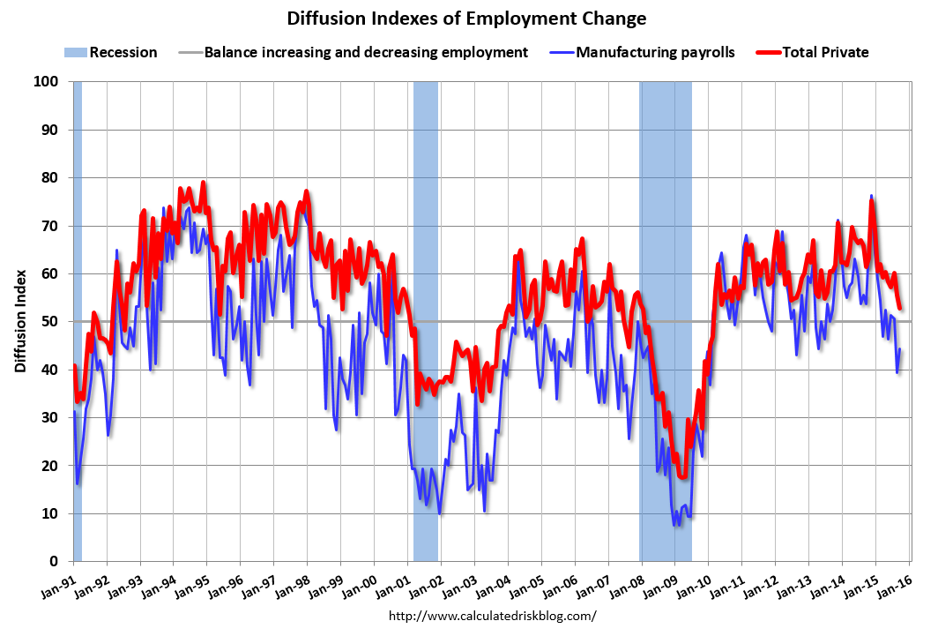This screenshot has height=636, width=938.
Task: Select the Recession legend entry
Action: [x=111, y=53]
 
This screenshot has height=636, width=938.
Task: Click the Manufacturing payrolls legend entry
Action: [x=655, y=53]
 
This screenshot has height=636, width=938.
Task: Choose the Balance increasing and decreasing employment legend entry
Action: [x=366, y=53]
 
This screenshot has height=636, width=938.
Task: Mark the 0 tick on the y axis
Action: [x=54, y=562]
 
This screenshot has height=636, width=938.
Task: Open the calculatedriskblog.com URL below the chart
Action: [x=493, y=616]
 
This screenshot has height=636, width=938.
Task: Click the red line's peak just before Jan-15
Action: [x=872, y=201]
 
